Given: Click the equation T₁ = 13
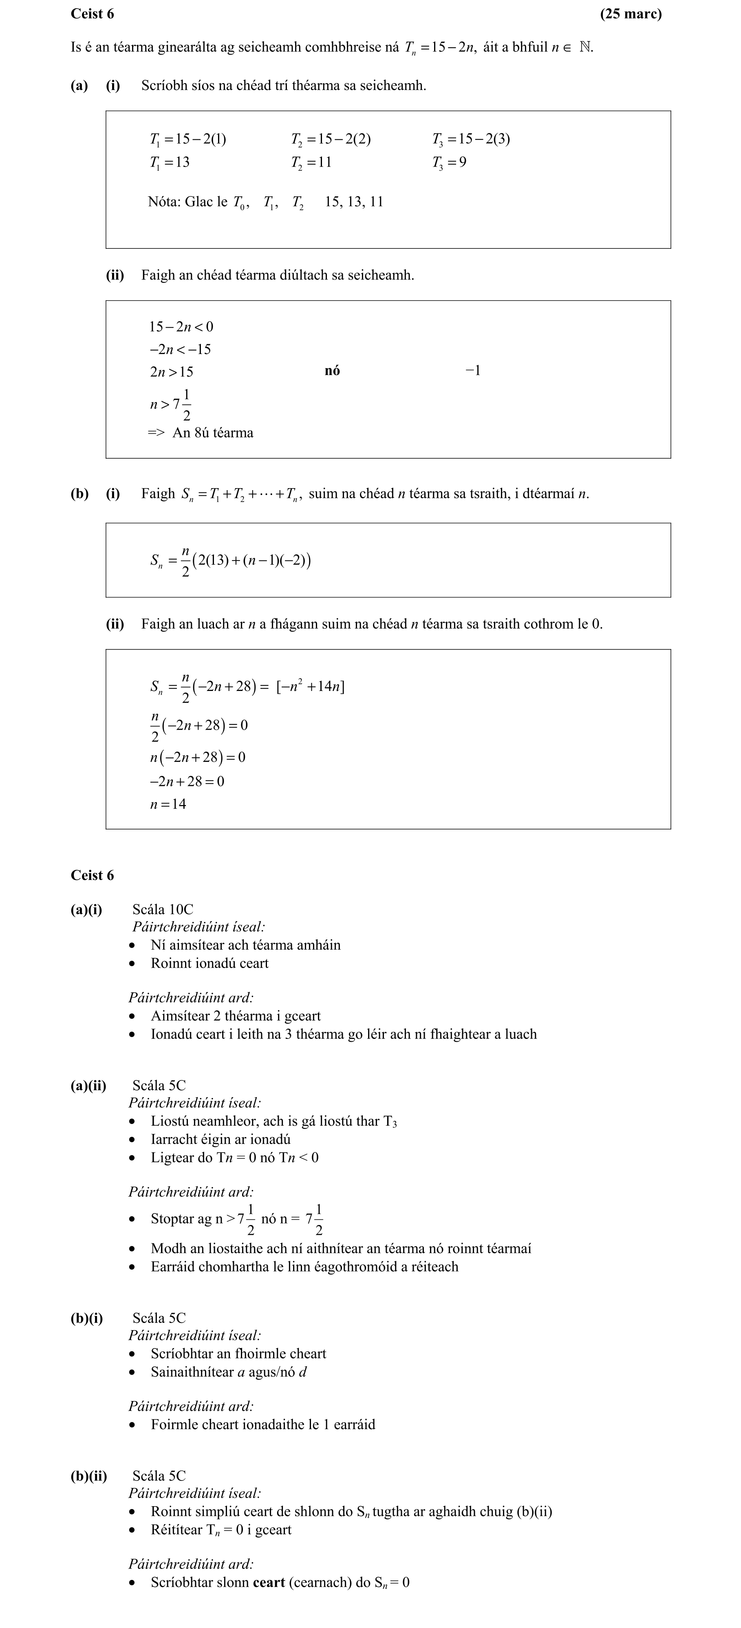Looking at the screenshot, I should [170, 163].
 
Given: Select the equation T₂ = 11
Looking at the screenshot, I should [311, 163].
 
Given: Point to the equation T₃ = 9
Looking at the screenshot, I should [450, 163].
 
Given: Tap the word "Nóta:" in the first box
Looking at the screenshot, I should [164, 202].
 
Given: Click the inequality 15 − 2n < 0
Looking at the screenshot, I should [181, 327].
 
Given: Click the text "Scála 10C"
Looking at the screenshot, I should [163, 909].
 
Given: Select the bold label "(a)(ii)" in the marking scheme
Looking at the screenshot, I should [88, 1086].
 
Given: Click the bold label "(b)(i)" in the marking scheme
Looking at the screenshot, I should [87, 1318].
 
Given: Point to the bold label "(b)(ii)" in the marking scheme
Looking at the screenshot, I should [88, 1476].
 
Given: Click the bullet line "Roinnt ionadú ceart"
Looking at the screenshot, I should [209, 963].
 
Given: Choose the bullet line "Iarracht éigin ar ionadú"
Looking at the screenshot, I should [221, 1140].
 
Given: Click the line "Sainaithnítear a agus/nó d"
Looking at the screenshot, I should [228, 1372].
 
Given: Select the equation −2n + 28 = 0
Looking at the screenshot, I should [187, 782].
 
